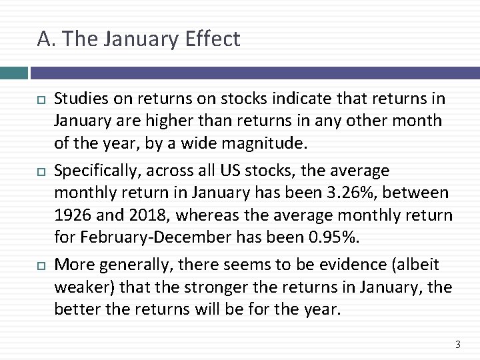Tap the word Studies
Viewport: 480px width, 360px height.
coord(79,99)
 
